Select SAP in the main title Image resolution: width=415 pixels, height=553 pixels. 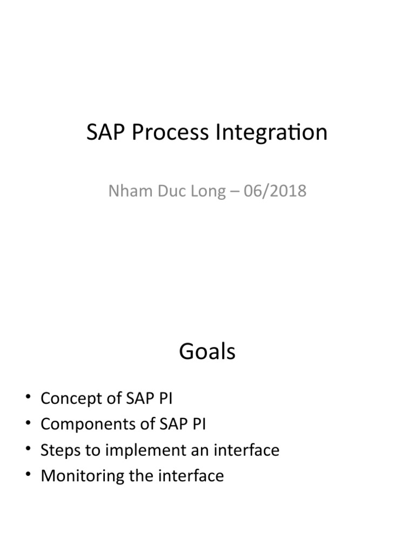click(x=105, y=133)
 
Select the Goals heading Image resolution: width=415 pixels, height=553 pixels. click(x=207, y=352)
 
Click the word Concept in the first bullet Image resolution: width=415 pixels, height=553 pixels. click(x=71, y=399)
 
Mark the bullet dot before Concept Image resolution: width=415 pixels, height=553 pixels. click(x=28, y=399)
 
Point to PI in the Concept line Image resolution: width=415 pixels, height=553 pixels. click(x=166, y=399)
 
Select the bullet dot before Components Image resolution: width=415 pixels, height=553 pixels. click(x=28, y=425)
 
